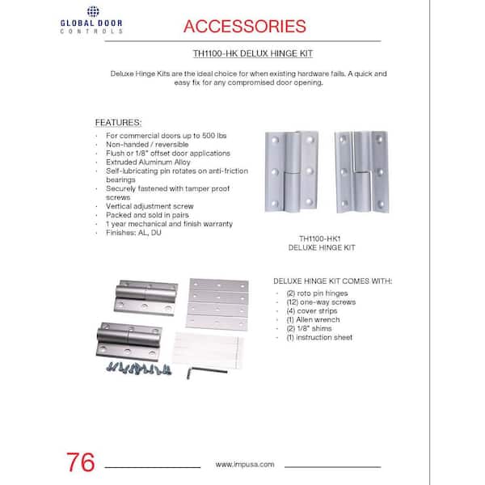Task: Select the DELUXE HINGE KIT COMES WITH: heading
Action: [333, 281]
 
